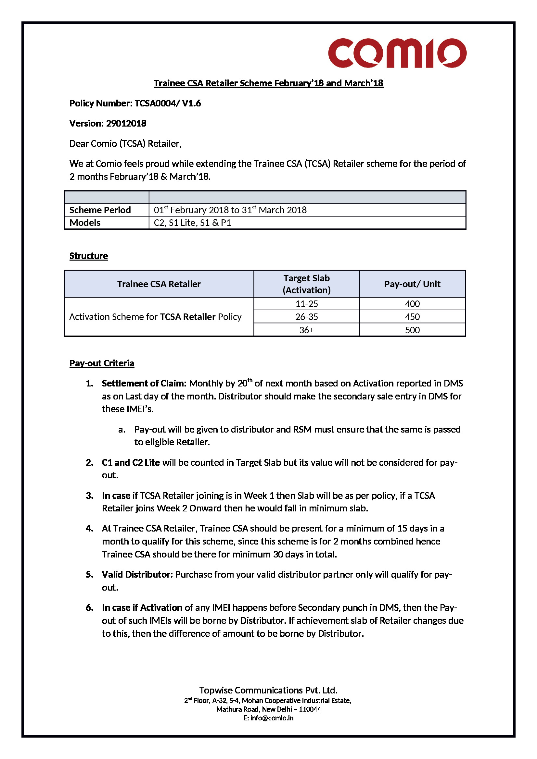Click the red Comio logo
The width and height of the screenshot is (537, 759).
(x=397, y=53)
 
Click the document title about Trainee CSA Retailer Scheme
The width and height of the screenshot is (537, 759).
(x=268, y=83)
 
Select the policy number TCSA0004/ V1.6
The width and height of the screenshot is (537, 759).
(x=167, y=104)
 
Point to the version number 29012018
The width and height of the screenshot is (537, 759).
(x=126, y=124)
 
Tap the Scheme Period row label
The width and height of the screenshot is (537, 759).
(x=100, y=210)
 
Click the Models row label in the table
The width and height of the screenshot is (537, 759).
(x=85, y=223)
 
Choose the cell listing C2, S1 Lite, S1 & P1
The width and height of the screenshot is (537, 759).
(x=192, y=223)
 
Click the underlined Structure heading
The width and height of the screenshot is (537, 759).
(x=88, y=256)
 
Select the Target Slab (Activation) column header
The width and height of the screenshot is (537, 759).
(x=306, y=284)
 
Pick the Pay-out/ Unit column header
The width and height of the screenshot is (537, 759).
(x=412, y=284)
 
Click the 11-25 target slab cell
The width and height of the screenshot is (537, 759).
(x=306, y=304)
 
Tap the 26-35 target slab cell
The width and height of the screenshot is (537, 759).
(x=306, y=317)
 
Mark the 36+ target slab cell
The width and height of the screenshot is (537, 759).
(x=306, y=330)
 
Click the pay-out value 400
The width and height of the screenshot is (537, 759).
(x=412, y=304)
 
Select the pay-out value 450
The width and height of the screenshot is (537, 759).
(x=412, y=317)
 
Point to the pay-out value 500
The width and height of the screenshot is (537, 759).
(x=412, y=330)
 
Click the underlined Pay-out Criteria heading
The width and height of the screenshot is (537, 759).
(x=102, y=363)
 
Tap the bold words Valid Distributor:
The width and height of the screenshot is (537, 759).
(x=137, y=575)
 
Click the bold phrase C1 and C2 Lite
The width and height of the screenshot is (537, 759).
(x=131, y=462)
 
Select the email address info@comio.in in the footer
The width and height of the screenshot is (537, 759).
(x=272, y=718)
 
